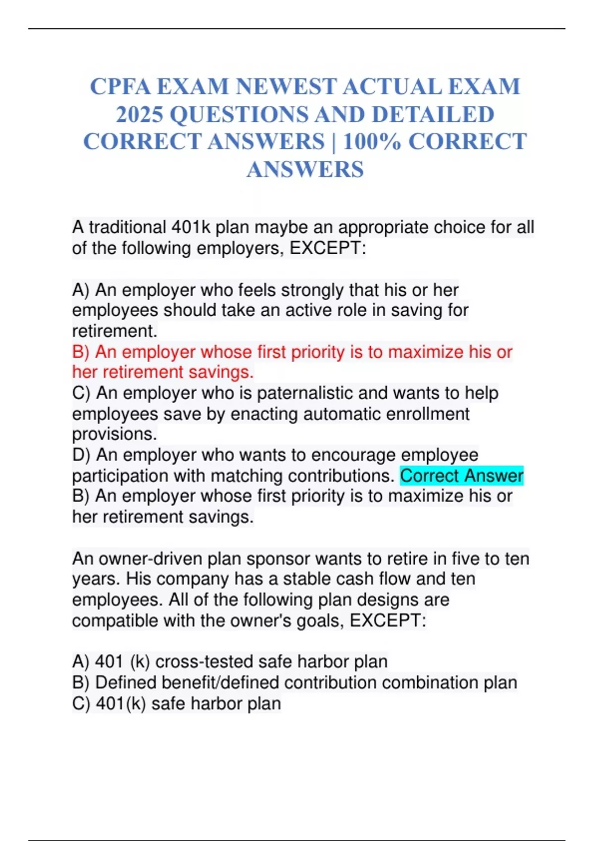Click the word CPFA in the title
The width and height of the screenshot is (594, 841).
tap(120, 87)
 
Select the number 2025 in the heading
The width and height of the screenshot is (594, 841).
tap(140, 114)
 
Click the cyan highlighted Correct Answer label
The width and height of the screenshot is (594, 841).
tap(461, 475)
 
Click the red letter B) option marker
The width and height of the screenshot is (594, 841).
tap(81, 352)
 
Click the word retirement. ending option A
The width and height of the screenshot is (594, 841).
tap(114, 330)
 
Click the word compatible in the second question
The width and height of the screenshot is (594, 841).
tap(115, 620)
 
